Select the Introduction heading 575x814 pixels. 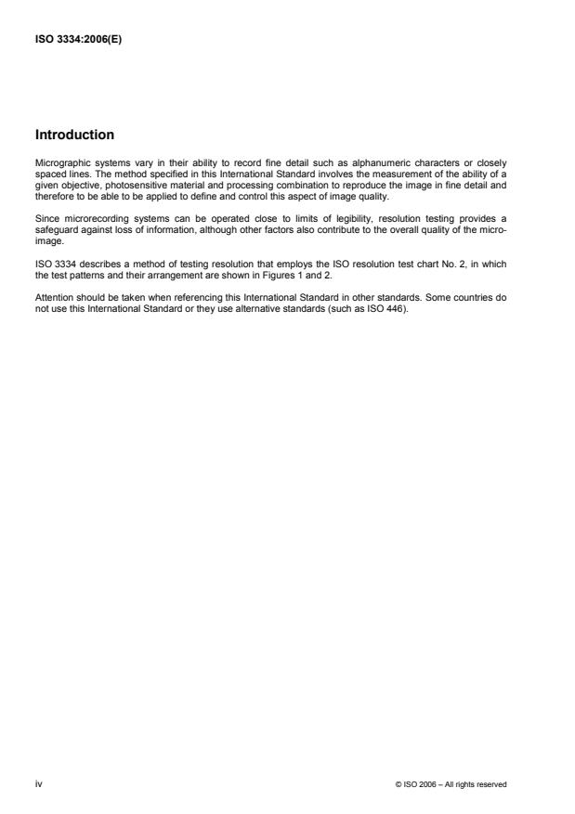[76, 135]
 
